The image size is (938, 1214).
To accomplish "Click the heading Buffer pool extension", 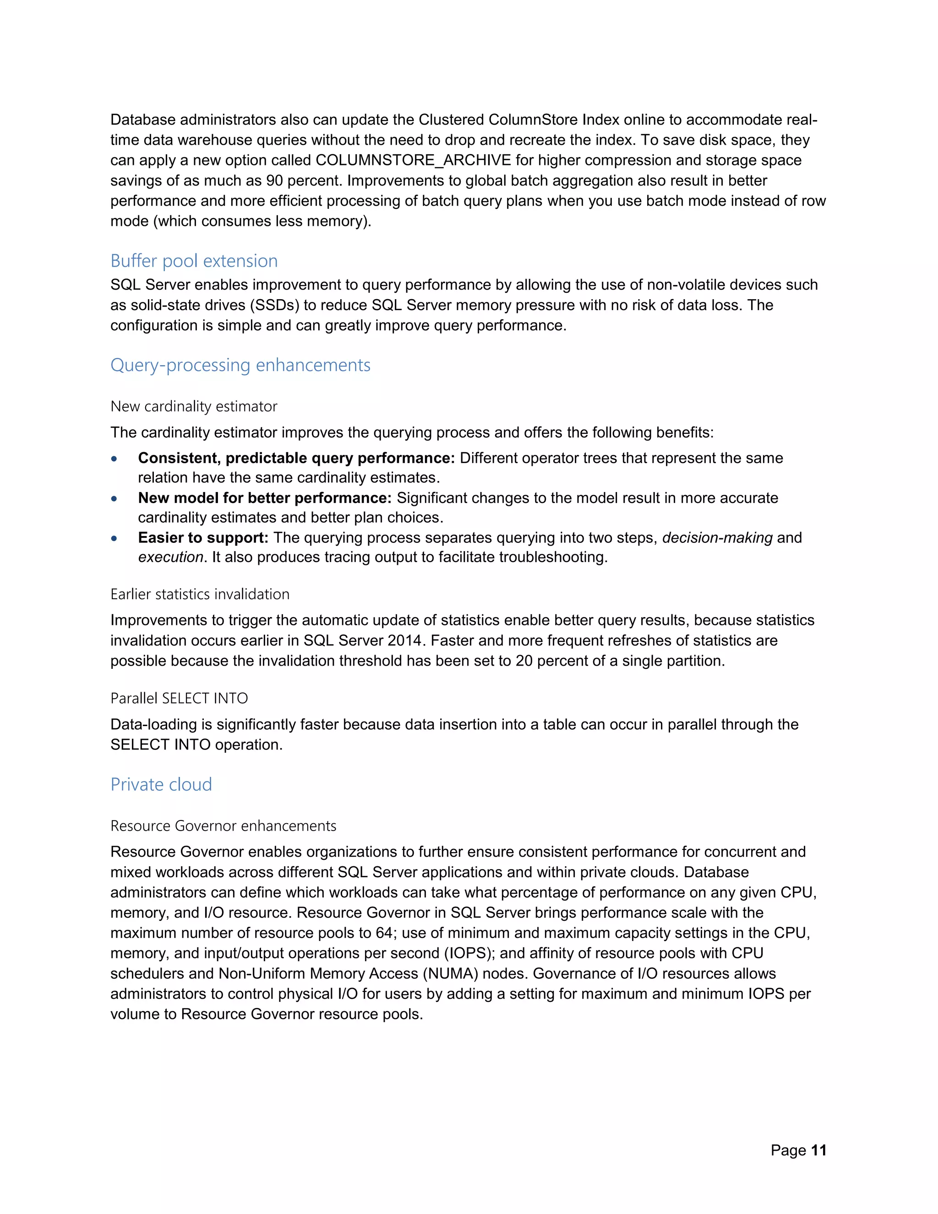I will tap(194, 261).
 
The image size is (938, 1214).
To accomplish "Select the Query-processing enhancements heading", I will tap(240, 365).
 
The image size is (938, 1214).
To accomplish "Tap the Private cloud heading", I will tap(161, 784).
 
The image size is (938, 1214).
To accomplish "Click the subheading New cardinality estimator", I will tap(193, 406).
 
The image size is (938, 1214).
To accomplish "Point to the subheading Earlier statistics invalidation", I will tap(200, 594).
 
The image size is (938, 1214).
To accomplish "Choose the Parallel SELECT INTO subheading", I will tap(179, 698).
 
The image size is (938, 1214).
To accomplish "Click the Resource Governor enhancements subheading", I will tap(223, 826).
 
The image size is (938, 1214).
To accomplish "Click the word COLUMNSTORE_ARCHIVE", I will tap(413, 160).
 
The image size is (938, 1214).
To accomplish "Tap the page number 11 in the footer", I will tap(818, 1150).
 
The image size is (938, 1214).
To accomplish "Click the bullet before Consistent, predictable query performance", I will tap(114, 459).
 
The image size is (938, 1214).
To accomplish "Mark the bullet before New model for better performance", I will tap(114, 498).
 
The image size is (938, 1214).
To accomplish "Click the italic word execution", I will tap(170, 557).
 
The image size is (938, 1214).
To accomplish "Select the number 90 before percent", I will tap(274, 180).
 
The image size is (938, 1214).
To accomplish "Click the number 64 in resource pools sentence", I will tap(384, 933).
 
